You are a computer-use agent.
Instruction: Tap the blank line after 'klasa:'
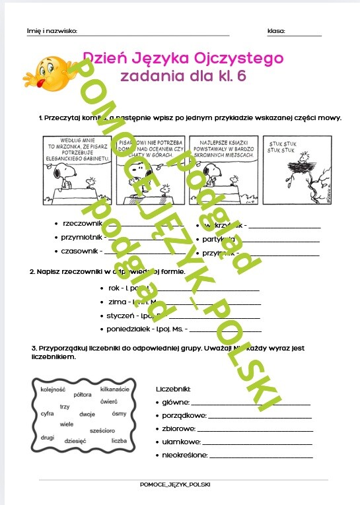click(304, 33)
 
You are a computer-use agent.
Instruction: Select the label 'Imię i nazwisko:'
click(52, 31)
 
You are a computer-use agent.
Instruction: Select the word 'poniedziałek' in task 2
click(128, 328)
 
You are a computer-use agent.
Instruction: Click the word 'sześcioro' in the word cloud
click(102, 430)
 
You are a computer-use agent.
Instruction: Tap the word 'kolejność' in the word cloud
click(52, 389)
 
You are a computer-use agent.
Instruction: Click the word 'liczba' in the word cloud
click(119, 440)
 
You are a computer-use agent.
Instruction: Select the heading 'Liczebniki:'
click(174, 389)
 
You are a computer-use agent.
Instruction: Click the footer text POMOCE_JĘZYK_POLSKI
click(176, 485)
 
